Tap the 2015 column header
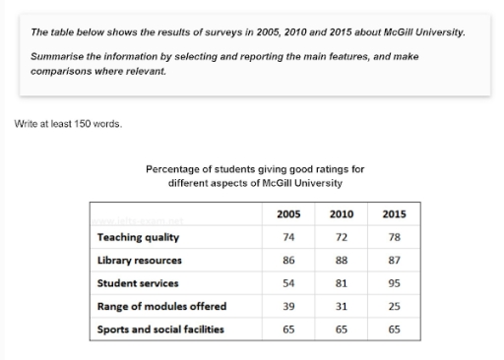click(x=394, y=214)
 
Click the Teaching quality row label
click(x=138, y=237)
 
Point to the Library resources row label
click(x=140, y=261)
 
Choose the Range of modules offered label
click(x=161, y=306)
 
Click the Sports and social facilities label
click(x=160, y=329)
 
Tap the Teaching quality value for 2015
click(x=394, y=237)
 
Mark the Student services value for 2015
click(x=394, y=283)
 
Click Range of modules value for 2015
click(x=394, y=306)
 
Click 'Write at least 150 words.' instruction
click(x=68, y=124)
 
